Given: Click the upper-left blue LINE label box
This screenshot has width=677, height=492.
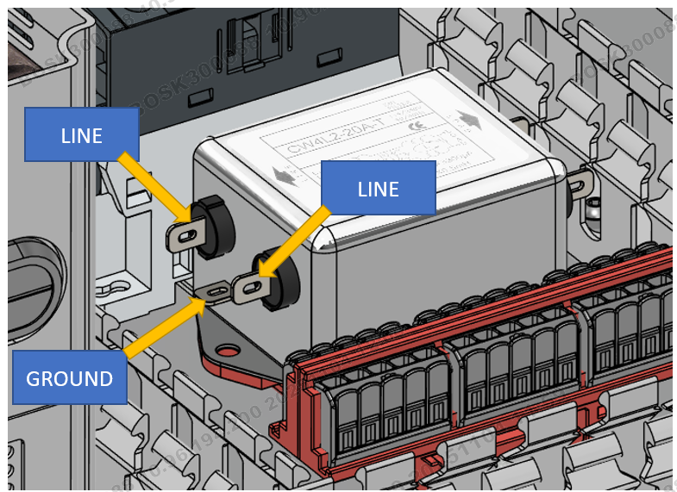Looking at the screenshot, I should click(x=81, y=134).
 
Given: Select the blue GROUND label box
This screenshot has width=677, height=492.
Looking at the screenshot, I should click(x=70, y=377).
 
